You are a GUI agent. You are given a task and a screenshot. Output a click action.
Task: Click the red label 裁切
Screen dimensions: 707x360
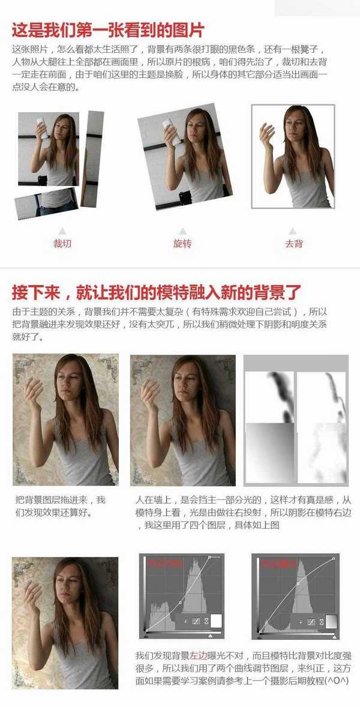[62, 244]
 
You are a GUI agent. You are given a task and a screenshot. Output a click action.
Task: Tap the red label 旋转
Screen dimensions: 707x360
[182, 244]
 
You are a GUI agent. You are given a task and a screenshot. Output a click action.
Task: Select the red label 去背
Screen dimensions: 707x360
[293, 244]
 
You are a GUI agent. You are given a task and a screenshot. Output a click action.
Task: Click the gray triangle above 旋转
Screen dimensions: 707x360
[182, 230]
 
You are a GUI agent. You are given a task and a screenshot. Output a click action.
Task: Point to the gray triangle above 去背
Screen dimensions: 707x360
[293, 230]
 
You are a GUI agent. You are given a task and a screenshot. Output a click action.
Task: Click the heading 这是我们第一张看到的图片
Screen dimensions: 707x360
[109, 29]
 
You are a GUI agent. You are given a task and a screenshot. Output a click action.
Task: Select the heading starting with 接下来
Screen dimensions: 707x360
[156, 292]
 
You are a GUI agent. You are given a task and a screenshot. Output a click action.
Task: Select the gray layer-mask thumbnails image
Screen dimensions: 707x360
[296, 420]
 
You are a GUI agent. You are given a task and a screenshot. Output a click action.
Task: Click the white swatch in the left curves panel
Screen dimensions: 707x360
[216, 621]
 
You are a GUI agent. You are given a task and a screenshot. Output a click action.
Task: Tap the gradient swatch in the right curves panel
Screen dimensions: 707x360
[331, 621]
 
